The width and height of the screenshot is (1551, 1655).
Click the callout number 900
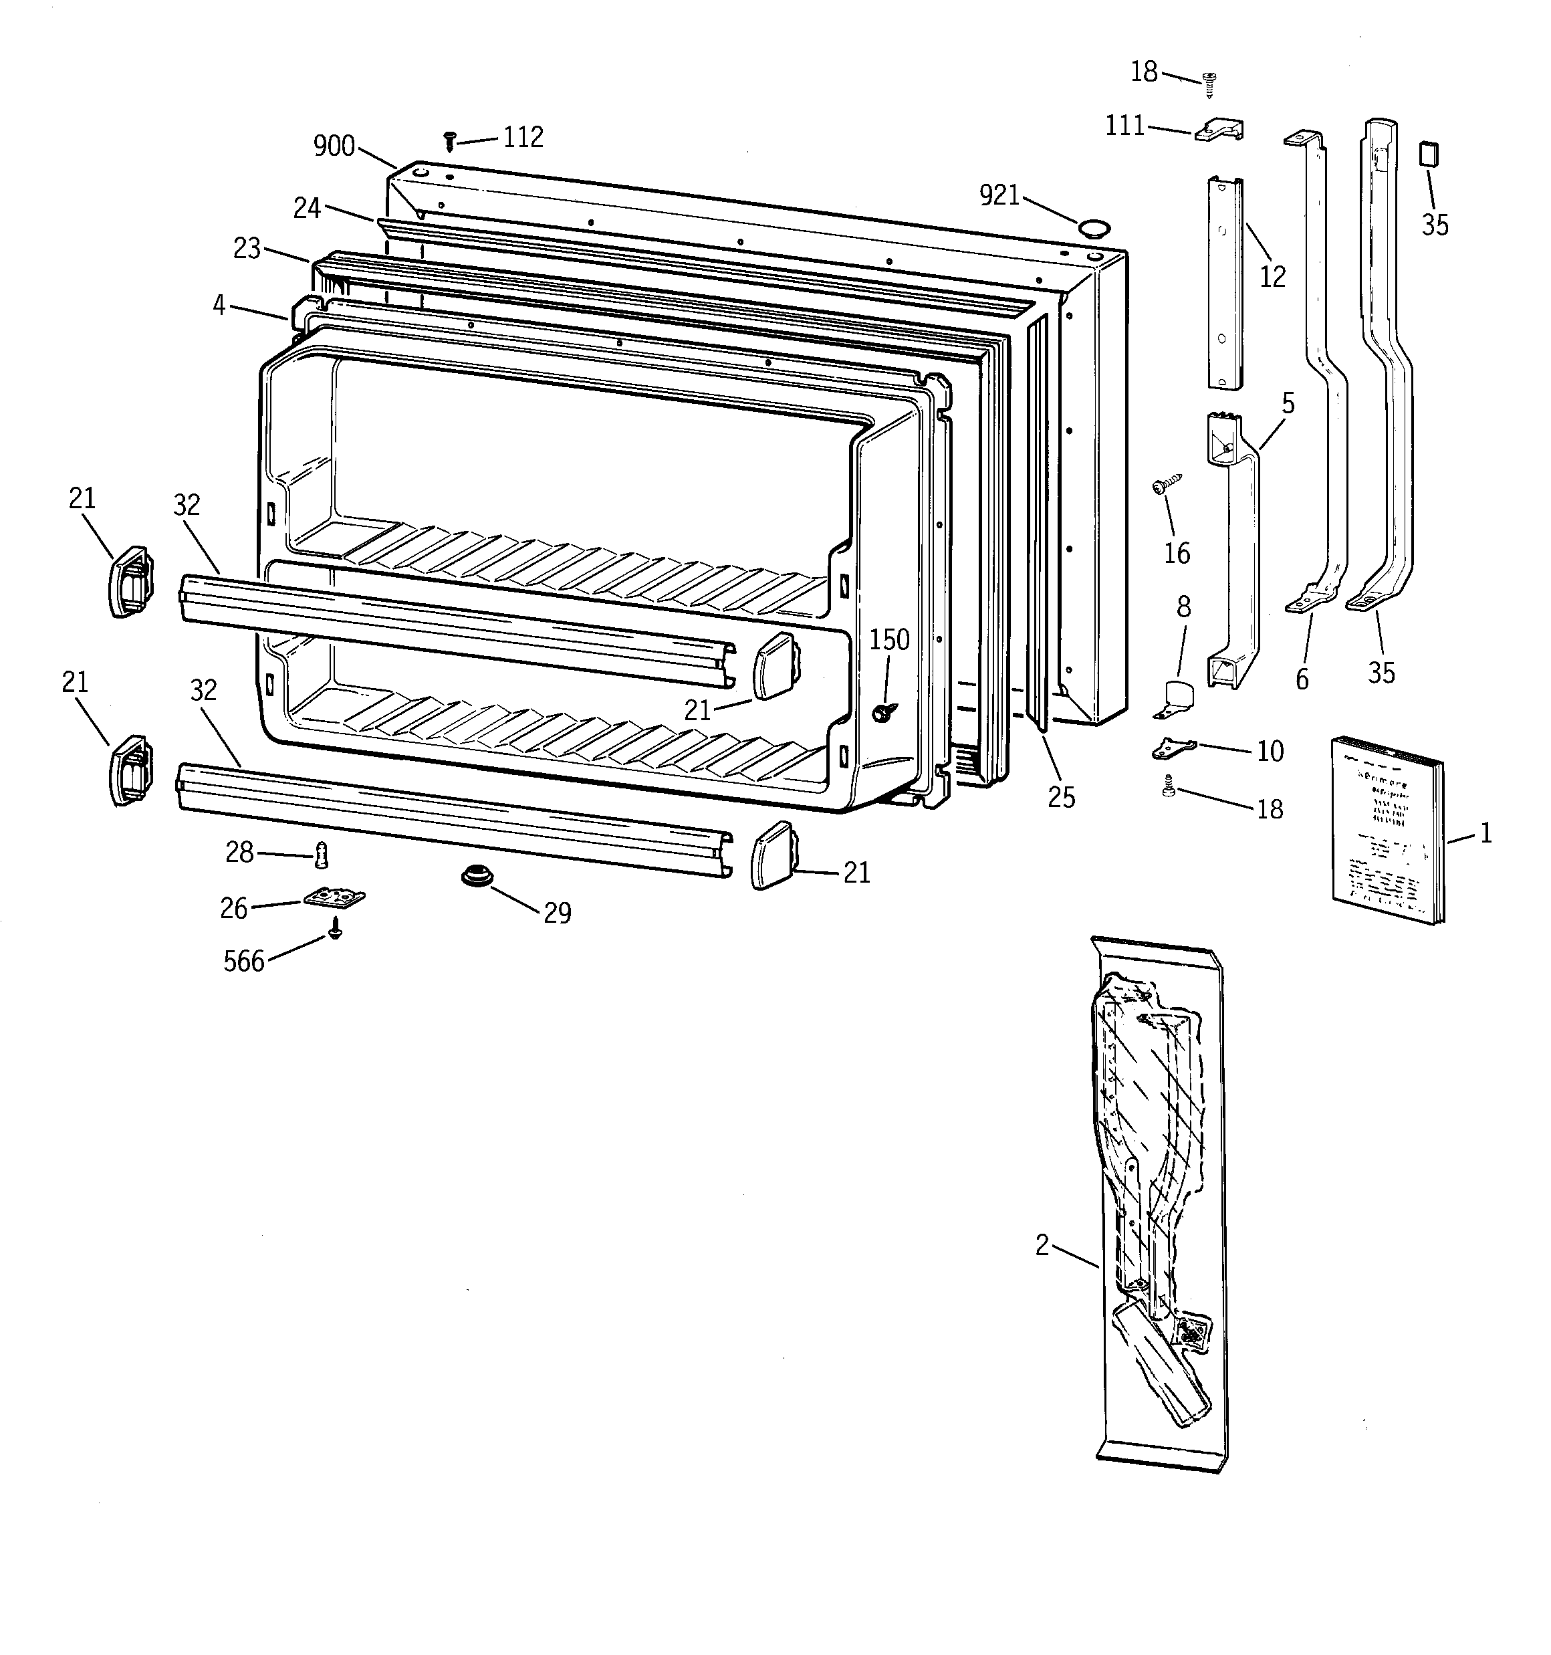click(334, 146)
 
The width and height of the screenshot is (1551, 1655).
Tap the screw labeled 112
click(449, 140)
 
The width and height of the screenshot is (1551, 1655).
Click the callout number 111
click(1124, 126)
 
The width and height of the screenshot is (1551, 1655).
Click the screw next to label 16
click(1165, 485)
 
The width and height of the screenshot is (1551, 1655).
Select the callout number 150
click(889, 639)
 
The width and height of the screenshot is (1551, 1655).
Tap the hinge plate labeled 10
click(1173, 748)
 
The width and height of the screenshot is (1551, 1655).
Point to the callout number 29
click(557, 913)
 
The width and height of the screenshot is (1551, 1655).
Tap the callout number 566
click(244, 962)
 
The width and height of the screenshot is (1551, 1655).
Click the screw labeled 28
click(320, 854)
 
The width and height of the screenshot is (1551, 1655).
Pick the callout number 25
click(1062, 798)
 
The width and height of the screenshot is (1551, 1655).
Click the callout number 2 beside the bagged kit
click(1042, 1245)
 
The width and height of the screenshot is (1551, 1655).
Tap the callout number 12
click(1272, 276)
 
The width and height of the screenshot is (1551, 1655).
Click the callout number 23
click(247, 248)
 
